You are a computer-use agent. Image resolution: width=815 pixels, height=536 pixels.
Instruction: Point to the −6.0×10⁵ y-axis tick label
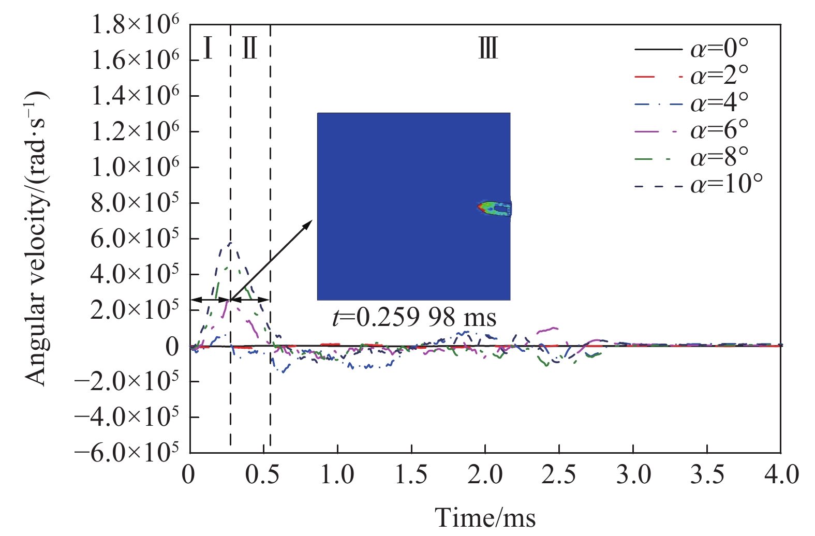(127, 452)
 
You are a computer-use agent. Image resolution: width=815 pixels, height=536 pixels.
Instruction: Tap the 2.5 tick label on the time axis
(559, 474)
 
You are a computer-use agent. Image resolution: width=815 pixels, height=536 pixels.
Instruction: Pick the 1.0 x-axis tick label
(337, 474)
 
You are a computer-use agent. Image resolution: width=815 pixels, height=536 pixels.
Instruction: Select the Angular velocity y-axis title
(36, 238)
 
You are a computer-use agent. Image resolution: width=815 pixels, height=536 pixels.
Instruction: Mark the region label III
(488, 49)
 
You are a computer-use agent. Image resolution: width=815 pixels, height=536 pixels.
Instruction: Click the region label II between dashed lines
(250, 49)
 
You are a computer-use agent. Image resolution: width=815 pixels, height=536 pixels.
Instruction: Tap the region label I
(208, 49)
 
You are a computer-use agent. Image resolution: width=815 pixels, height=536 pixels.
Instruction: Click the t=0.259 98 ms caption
(414, 317)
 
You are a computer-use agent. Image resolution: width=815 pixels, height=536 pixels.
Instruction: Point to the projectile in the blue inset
(494, 208)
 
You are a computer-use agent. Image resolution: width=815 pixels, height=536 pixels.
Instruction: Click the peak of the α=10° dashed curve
(229, 243)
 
